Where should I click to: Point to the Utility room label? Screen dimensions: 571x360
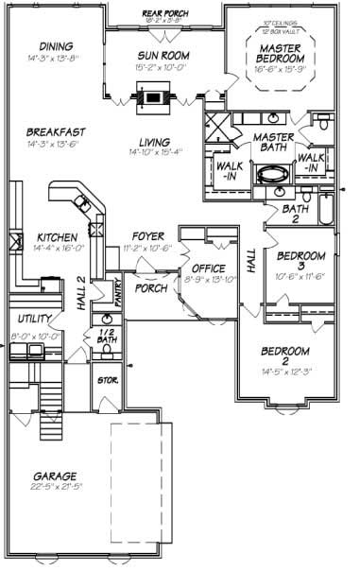[x=27, y=320]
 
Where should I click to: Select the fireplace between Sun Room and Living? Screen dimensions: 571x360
[x=152, y=95]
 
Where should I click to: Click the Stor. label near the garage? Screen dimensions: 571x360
[x=108, y=380]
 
